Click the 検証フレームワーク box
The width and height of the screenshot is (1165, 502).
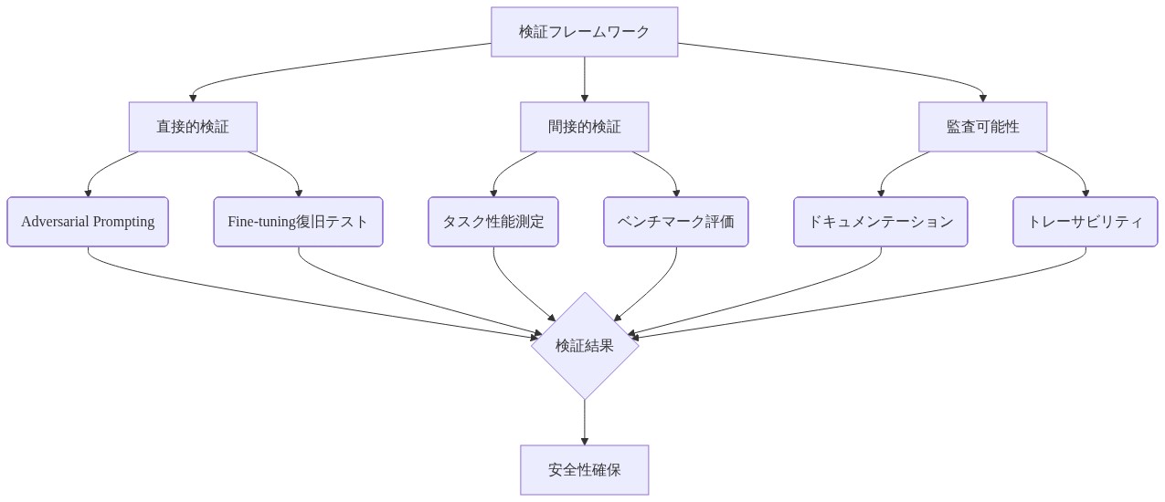tap(584, 32)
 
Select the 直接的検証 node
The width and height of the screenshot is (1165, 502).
tap(193, 127)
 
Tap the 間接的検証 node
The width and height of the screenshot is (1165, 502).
tap(584, 127)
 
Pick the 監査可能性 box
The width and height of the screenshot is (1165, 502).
tap(982, 127)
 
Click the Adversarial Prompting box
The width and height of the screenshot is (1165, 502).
tap(88, 222)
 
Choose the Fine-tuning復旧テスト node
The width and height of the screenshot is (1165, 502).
tap(298, 222)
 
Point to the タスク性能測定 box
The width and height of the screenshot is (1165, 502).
tap(493, 222)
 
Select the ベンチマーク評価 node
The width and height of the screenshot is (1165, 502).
tap(676, 222)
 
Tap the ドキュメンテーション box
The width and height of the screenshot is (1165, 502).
tap(880, 222)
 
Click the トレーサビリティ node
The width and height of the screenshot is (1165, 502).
tap(1086, 222)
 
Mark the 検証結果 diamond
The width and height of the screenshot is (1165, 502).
tap(585, 346)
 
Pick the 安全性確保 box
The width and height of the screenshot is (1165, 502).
tap(584, 470)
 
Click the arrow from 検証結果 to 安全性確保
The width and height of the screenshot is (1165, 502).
tap(585, 422)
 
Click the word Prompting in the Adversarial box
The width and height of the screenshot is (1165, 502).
tap(123, 222)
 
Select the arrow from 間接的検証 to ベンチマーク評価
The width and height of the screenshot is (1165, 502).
tap(663, 171)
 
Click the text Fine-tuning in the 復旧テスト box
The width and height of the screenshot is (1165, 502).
tap(262, 222)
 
